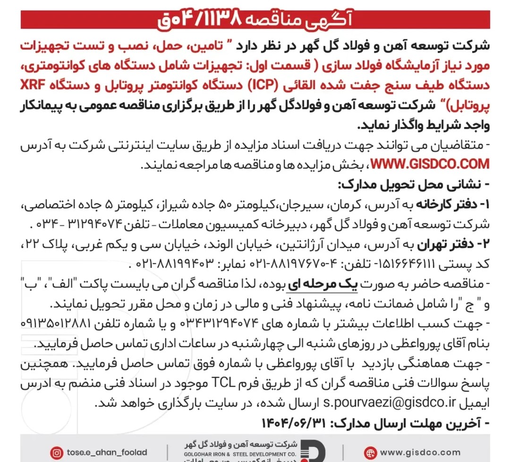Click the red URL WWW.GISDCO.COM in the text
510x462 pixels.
click(x=430, y=164)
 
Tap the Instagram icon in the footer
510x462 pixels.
click(x=57, y=453)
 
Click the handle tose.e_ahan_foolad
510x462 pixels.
click(x=107, y=453)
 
